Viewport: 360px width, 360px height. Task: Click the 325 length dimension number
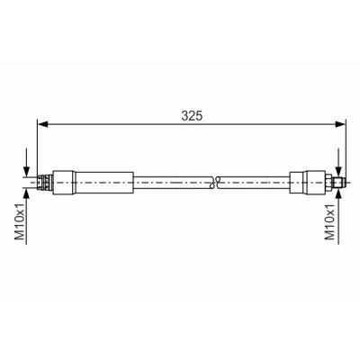[x=192, y=115]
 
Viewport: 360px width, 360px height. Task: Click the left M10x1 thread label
[x=20, y=222]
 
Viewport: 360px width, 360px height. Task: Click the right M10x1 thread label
[x=329, y=222]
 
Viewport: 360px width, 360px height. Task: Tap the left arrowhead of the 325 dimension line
[x=42, y=124]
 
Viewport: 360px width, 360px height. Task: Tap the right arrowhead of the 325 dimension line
[x=340, y=124]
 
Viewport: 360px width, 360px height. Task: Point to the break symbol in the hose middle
[x=216, y=183]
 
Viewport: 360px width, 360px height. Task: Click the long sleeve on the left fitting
[x=103, y=183]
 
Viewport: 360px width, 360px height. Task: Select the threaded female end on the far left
[x=45, y=183]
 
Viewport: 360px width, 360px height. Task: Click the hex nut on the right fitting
[x=328, y=183]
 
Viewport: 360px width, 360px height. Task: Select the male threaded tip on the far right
[x=338, y=182]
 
